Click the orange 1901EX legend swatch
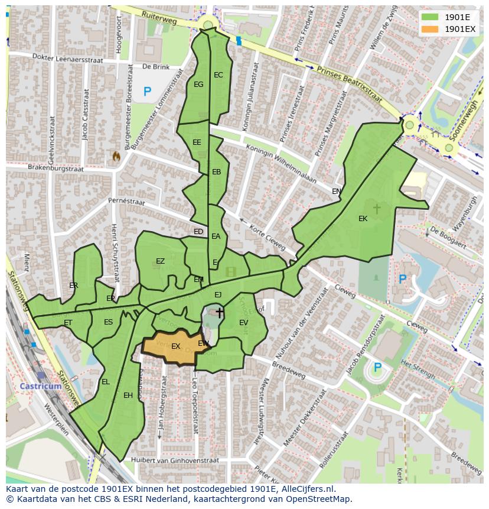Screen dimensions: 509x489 click(431, 29)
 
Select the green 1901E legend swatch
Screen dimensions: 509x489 click(431, 17)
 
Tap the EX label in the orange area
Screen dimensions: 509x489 click(175, 346)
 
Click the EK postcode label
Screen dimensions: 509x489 click(363, 219)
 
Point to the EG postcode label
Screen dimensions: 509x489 click(198, 85)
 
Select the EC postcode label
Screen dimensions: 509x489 click(219, 75)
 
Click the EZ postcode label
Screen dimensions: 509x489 click(160, 261)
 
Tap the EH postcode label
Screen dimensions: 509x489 click(128, 395)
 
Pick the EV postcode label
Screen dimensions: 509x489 click(243, 322)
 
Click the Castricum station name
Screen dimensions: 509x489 click(40, 386)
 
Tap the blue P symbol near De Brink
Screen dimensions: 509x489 click(147, 92)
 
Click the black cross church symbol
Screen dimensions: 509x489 click(220, 312)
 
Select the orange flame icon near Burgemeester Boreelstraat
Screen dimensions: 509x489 click(116, 156)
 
